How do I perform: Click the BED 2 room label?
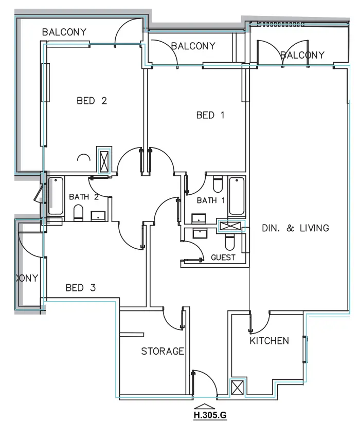(x=92, y=101)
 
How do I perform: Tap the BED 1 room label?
(x=210, y=115)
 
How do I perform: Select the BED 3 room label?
(x=81, y=288)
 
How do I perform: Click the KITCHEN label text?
(x=269, y=341)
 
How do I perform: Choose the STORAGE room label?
(x=163, y=352)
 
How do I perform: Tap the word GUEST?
(x=223, y=257)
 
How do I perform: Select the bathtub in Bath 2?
(x=56, y=196)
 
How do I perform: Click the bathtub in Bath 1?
(x=237, y=196)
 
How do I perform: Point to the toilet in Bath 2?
(x=78, y=212)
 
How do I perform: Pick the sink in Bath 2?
(x=98, y=216)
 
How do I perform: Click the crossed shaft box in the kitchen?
(x=238, y=388)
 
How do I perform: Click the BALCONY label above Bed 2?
(x=64, y=32)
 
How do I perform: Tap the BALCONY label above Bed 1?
(x=193, y=46)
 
